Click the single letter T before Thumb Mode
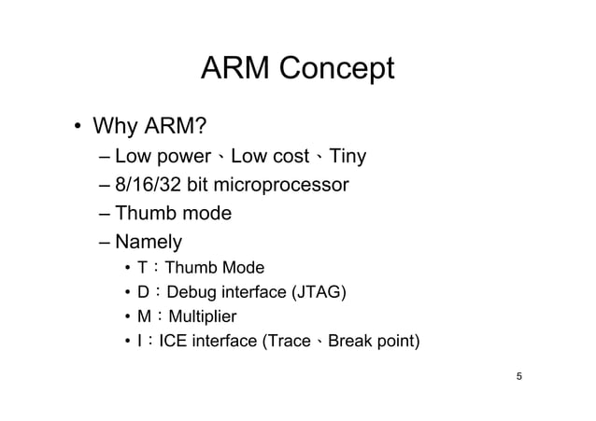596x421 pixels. pyautogui.click(x=141, y=271)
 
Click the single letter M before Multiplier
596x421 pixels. pyautogui.click(x=142, y=317)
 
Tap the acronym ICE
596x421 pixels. pyautogui.click(x=176, y=340)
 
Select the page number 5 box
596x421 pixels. pyautogui.click(x=518, y=376)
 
